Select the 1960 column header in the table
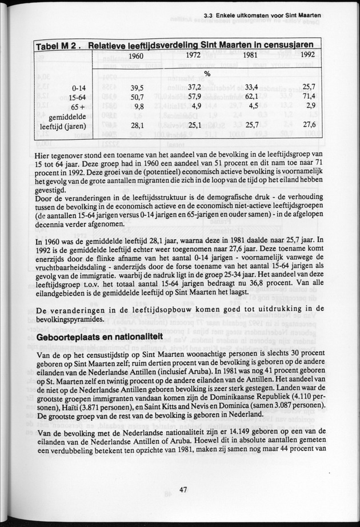[135, 56]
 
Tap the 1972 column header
[193, 56]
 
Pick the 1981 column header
[250, 56]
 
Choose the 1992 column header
[307, 56]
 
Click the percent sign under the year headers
[207, 74]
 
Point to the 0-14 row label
[76, 88]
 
